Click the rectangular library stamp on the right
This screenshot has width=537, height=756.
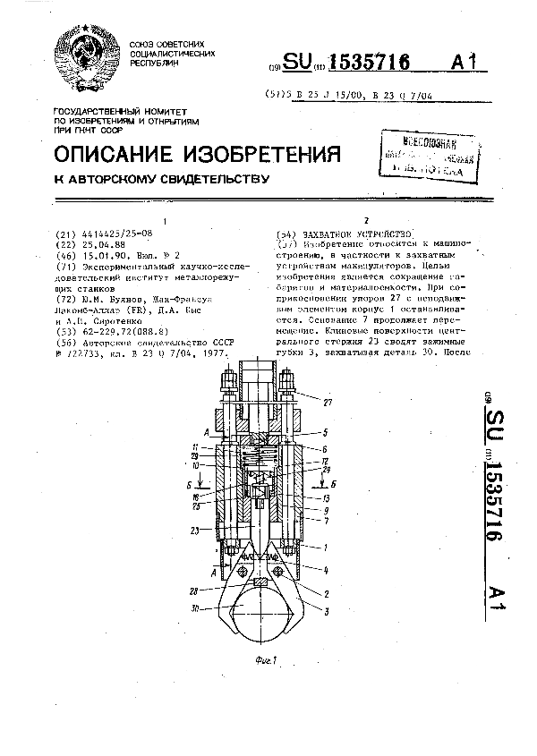[422, 153]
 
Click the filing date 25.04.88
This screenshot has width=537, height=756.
[78, 242]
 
